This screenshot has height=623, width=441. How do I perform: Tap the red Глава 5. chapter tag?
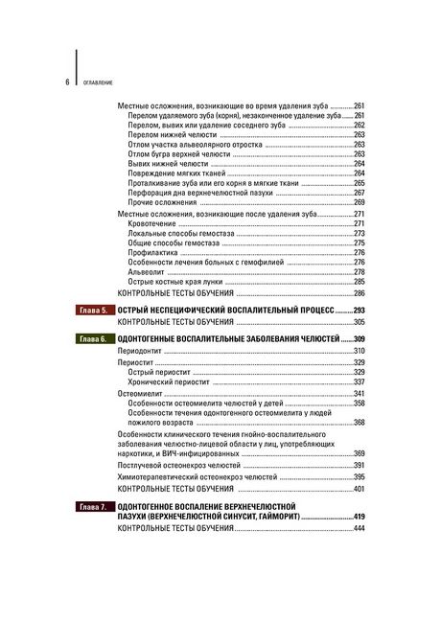click(93, 311)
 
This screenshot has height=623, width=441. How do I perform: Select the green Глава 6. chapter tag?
click(93, 340)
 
